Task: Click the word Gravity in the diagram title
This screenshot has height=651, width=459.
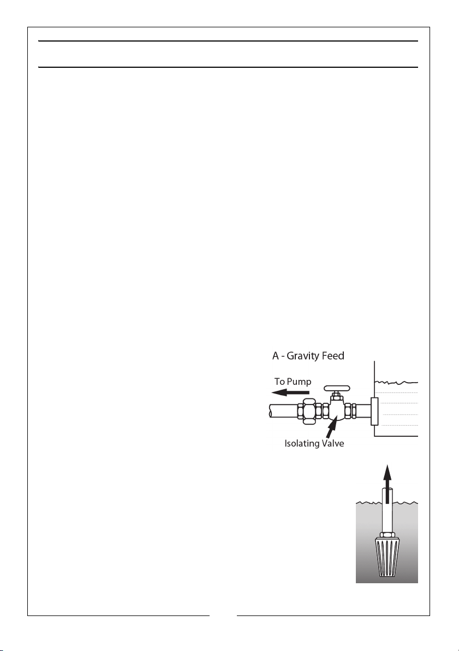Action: [x=303, y=356]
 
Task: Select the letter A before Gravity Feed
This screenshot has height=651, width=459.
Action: [x=276, y=356]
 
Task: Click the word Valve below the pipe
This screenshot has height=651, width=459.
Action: [x=330, y=443]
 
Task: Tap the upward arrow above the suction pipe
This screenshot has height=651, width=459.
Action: [x=387, y=484]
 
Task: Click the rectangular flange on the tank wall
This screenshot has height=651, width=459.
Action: [x=374, y=412]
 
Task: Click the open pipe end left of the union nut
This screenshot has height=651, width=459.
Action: [x=271, y=411]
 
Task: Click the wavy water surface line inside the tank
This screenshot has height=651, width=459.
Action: [x=396, y=382]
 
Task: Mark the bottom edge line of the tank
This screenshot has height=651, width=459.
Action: [x=396, y=436]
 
